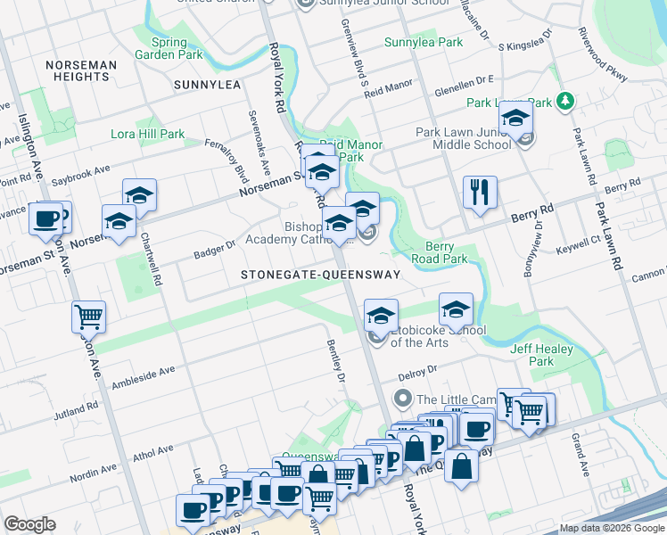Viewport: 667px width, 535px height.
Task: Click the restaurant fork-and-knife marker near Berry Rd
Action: click(x=480, y=192)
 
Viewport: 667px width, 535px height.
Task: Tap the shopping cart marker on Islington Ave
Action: click(x=88, y=317)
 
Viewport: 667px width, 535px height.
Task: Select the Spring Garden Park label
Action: click(x=161, y=47)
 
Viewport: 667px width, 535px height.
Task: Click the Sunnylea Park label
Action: click(x=424, y=42)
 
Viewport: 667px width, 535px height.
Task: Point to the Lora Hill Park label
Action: click(x=147, y=135)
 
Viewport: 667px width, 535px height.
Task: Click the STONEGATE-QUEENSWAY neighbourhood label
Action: click(x=320, y=276)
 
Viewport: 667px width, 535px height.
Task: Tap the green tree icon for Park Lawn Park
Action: click(x=564, y=103)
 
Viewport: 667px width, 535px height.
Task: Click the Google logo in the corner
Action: click(x=30, y=524)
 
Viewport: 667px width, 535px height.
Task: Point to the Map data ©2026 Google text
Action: click(x=612, y=528)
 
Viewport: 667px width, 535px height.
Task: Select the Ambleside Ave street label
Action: click(x=144, y=377)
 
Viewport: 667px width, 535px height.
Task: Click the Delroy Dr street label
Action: click(x=419, y=369)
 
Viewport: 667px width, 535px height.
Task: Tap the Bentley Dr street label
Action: click(x=334, y=360)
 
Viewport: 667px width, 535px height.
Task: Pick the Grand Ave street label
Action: click(x=579, y=455)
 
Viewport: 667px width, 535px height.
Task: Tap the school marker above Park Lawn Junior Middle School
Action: click(x=515, y=117)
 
